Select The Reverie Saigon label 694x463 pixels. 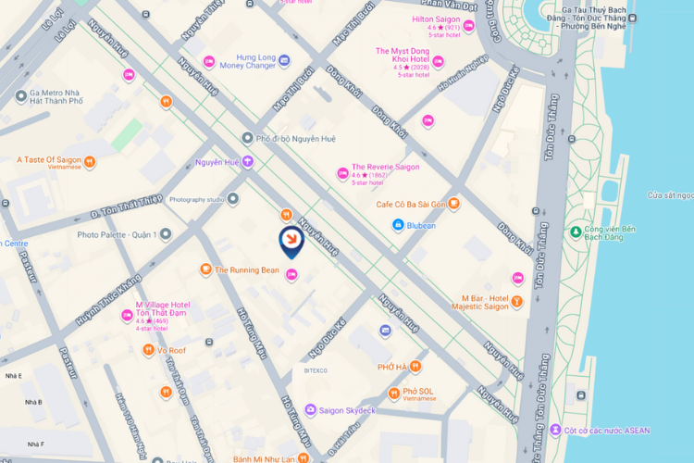[386, 167]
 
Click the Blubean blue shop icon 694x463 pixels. [397, 225]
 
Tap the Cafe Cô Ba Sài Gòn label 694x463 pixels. [411, 204]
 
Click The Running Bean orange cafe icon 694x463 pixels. [205, 269]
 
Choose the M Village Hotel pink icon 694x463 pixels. [127, 316]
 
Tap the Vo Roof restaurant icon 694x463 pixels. [148, 350]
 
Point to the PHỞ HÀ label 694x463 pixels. [392, 368]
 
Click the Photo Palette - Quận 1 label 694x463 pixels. [118, 234]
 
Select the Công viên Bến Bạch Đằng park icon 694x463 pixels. [576, 231]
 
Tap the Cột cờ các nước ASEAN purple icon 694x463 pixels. [555, 430]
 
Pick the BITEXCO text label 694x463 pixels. [316, 370]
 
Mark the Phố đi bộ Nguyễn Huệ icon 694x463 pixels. [247, 138]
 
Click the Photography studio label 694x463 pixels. [197, 199]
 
